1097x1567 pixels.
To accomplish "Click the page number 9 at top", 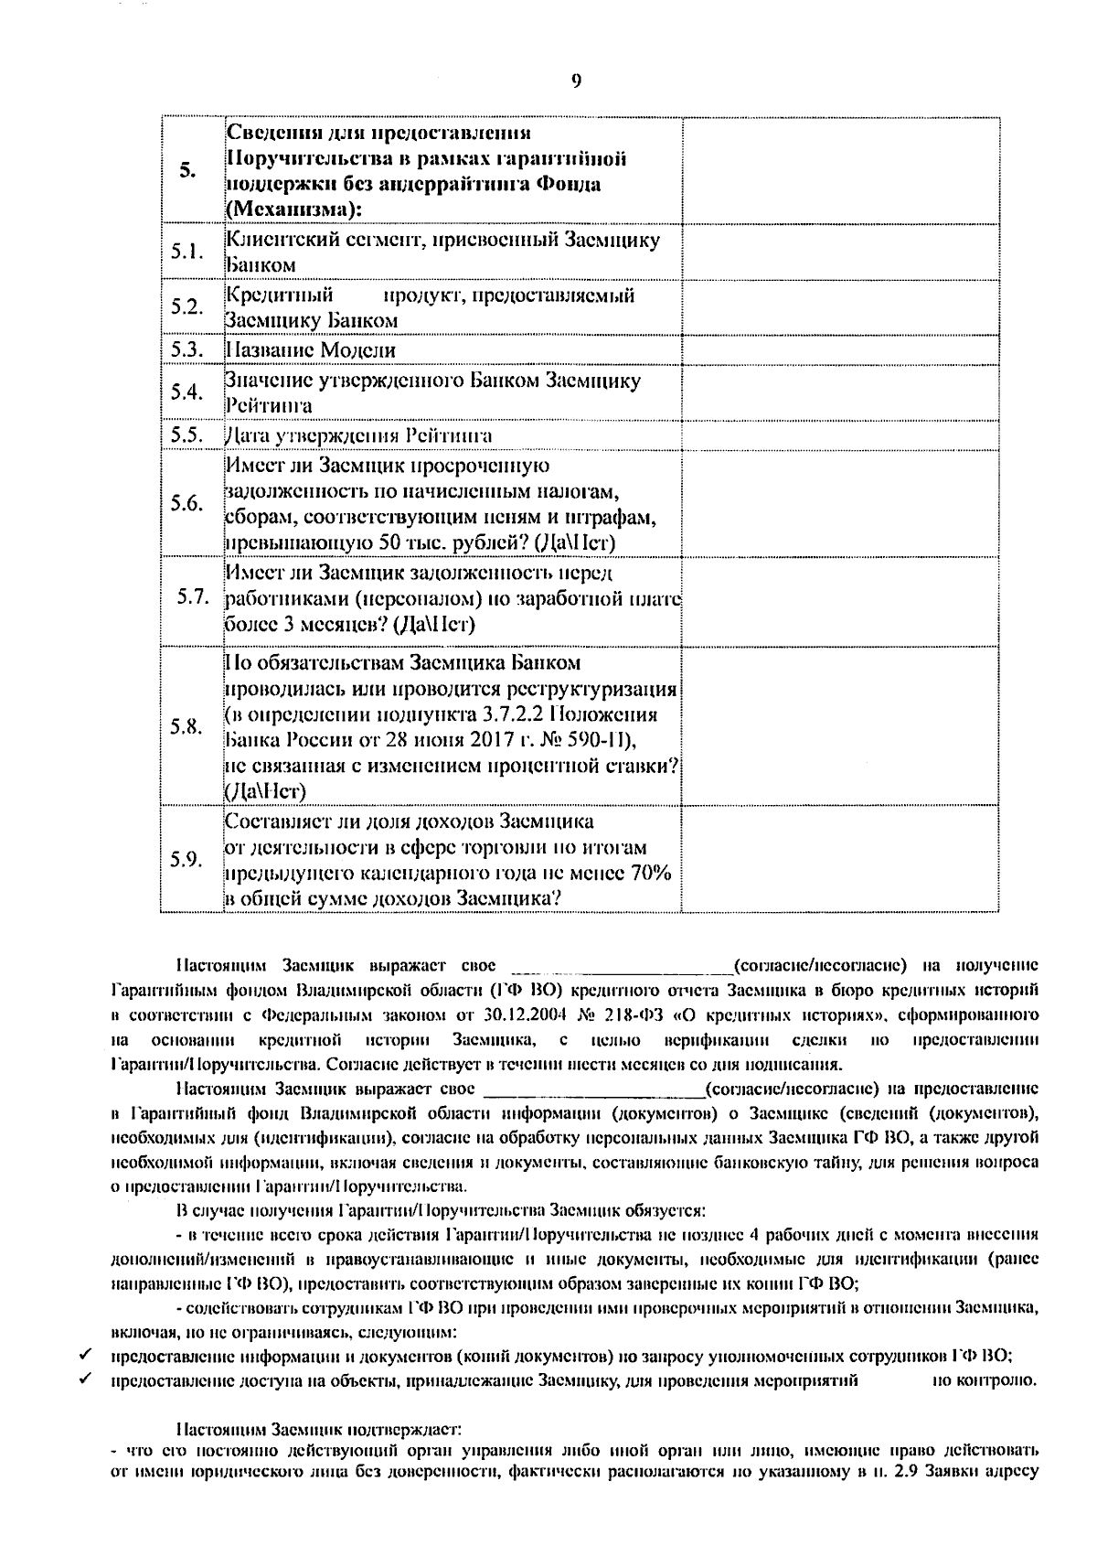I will pyautogui.click(x=576, y=81).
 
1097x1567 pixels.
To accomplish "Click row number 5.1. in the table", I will pyautogui.click(x=186, y=252).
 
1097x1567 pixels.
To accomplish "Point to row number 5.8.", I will pyautogui.click(x=186, y=726).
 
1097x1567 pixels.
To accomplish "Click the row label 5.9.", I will pyautogui.click(x=186, y=859).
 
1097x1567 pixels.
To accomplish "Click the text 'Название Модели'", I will pyautogui.click(x=311, y=350).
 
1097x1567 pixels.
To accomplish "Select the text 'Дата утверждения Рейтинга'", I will pyautogui.click(x=358, y=435).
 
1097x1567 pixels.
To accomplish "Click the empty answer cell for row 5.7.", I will pyautogui.click(x=839, y=600).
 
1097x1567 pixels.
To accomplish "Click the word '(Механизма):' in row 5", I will pyautogui.click(x=293, y=209).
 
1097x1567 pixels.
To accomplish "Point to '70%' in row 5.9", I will pyautogui.click(x=650, y=873).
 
